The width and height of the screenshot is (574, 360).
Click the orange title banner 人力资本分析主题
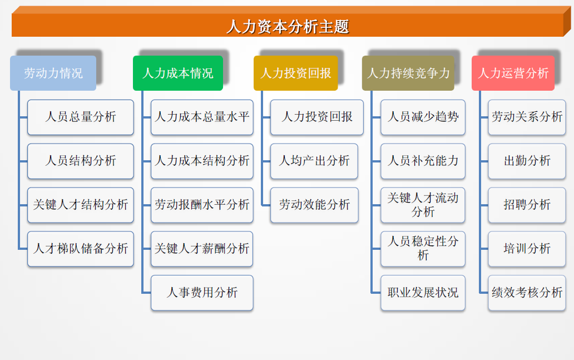[x=288, y=26]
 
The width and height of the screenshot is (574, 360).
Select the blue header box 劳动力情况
[x=53, y=73]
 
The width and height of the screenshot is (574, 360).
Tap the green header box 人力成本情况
[x=178, y=73]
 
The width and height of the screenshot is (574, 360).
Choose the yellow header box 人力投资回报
[x=296, y=73]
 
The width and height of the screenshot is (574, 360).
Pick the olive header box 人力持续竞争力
[x=408, y=73]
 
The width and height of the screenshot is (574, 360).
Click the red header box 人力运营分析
[x=513, y=73]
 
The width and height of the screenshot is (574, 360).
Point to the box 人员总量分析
[x=81, y=117]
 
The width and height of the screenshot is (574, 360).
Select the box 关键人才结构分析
[x=81, y=205]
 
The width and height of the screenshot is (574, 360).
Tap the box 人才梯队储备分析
[x=81, y=249]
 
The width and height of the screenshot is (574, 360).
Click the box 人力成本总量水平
[x=202, y=117]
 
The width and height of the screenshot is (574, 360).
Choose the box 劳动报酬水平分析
[x=202, y=205]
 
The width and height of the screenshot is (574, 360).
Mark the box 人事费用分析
[x=202, y=293]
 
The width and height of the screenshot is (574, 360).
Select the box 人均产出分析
[x=314, y=161]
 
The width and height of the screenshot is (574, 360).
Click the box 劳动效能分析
[x=314, y=205]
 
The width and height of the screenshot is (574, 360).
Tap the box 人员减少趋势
[x=423, y=117]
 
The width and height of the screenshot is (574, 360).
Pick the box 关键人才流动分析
[x=423, y=205]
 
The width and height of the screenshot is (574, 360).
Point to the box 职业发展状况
[x=423, y=293]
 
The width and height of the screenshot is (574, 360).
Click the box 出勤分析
[x=527, y=161]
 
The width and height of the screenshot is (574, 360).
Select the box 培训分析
[x=527, y=249]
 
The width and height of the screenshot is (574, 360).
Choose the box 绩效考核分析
[x=527, y=293]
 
